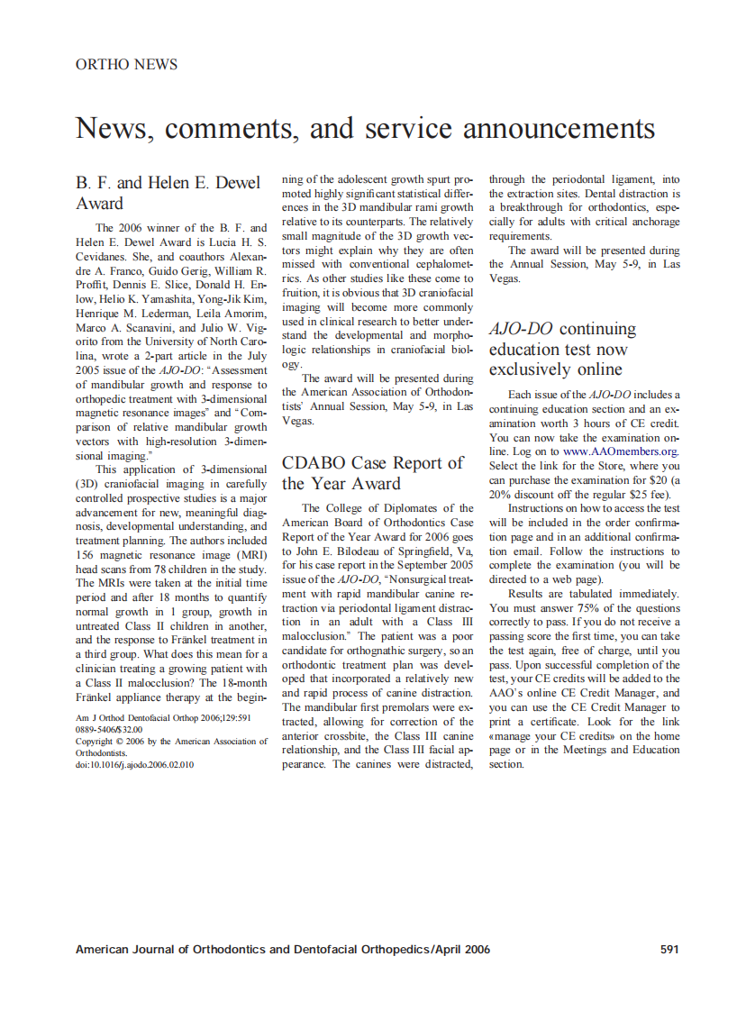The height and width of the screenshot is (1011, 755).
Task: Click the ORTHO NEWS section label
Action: [x=126, y=65]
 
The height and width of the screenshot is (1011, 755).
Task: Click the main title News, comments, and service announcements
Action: [x=365, y=128]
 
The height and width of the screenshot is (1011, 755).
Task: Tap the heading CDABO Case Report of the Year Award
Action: [x=372, y=473]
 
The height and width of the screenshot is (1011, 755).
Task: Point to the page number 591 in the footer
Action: [x=669, y=949]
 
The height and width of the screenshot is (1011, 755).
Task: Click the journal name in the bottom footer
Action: [x=282, y=949]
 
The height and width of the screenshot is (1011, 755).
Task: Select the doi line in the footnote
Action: [x=134, y=764]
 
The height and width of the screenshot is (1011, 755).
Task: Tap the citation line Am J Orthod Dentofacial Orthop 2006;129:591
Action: [x=163, y=718]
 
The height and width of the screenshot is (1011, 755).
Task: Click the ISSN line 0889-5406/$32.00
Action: [x=108, y=730]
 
